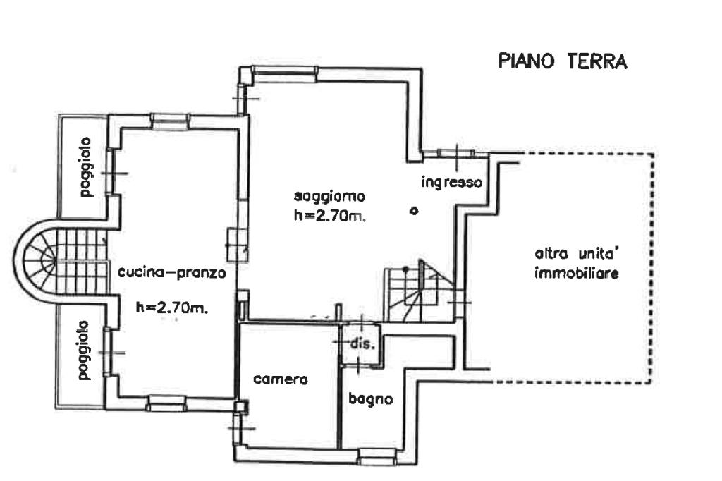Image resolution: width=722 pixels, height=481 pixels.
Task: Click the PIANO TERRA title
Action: point(562,61)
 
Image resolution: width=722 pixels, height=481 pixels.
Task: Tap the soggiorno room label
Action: point(331,197)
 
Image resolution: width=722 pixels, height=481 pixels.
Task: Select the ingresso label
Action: point(451,182)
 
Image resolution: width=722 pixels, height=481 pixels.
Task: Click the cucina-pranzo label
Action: point(172,274)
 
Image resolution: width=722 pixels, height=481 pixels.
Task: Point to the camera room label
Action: point(281,378)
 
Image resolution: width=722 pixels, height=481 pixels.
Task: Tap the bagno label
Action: point(370,398)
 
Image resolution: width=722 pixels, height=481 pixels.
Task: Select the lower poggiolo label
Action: point(85,351)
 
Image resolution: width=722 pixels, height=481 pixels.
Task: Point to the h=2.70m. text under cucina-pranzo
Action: point(171,308)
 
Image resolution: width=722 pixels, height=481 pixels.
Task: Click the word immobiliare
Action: point(577,274)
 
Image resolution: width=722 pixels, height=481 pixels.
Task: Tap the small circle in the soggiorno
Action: point(414,210)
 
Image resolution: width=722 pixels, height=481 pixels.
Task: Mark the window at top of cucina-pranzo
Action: point(171,121)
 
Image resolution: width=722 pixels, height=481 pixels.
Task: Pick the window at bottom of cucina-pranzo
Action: point(166,403)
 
